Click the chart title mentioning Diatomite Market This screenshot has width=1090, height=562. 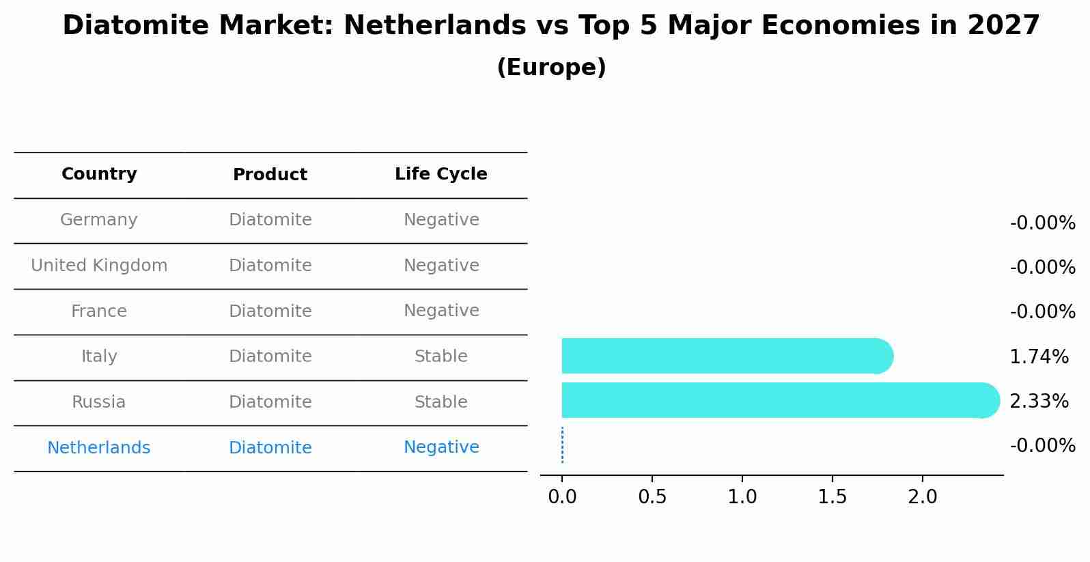click(x=550, y=26)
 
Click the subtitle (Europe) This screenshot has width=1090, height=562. click(x=550, y=68)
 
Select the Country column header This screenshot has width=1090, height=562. click(x=99, y=174)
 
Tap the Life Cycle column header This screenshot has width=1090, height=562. click(x=441, y=174)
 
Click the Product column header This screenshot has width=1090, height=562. click(x=270, y=175)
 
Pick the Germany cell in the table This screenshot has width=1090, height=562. click(x=99, y=220)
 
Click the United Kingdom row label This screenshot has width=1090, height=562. click(x=99, y=266)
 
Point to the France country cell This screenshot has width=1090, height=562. click(x=99, y=311)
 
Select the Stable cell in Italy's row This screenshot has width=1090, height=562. click(x=441, y=356)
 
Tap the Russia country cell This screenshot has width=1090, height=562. click(x=99, y=402)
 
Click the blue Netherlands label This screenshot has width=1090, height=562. click(x=99, y=448)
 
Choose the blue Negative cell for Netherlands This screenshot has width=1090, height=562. click(x=441, y=447)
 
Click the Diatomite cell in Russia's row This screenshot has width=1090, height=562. click(x=270, y=402)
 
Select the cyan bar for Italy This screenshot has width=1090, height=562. click(x=724, y=356)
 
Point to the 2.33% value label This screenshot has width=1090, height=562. click(x=1039, y=402)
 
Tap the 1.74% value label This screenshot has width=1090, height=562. click(x=1039, y=356)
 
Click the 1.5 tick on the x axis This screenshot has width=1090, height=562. click(x=832, y=496)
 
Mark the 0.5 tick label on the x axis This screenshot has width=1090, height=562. click(x=652, y=496)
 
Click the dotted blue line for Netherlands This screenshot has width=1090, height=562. click(x=562, y=445)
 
